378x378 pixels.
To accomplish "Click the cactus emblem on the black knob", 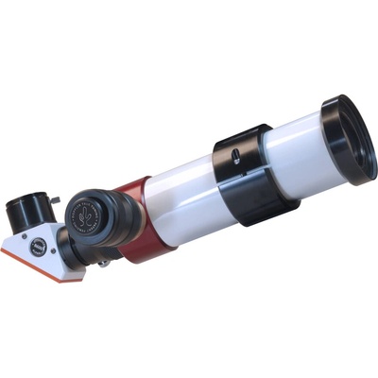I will (x=84, y=215).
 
